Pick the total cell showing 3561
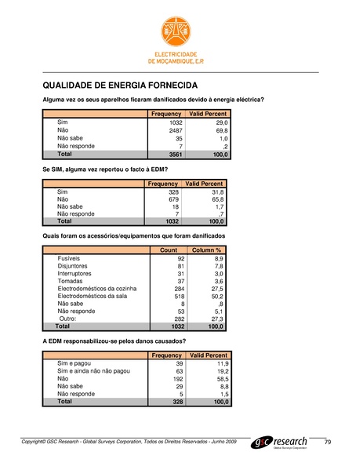pos(176,155)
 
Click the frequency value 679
pos(176,199)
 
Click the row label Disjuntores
pos(74,265)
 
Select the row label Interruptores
pos(76,273)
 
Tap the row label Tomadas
pos(71,281)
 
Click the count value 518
pos(177,297)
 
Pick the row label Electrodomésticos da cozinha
pos(98,289)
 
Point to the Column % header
pos(210,250)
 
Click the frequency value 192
pos(177,379)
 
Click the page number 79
pos(328,443)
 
